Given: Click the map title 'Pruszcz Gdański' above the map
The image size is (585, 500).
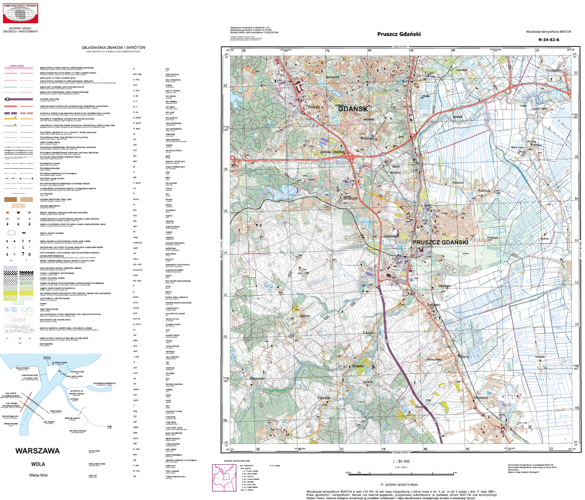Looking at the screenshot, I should point(399,34).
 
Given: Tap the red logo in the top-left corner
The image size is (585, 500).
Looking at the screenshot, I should point(20,13).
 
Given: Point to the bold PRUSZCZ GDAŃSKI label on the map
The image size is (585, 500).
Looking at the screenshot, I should point(440,242).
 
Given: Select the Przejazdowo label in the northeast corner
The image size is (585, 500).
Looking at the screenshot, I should point(555,71).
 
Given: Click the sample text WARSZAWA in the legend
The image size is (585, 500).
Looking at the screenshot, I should point(37,451).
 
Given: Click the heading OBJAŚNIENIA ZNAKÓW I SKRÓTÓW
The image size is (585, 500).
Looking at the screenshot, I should point(114,47).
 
